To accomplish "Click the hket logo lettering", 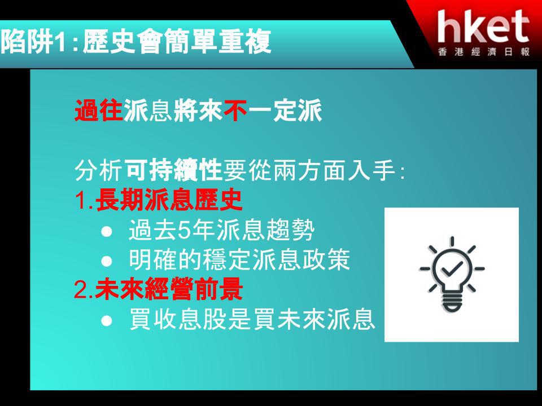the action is (x=483, y=27).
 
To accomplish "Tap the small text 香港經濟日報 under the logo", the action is (x=484, y=52).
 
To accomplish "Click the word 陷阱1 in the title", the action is (x=33, y=42).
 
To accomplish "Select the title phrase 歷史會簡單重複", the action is (x=177, y=42).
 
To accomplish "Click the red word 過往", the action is (x=99, y=110).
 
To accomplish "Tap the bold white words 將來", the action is (x=198, y=110).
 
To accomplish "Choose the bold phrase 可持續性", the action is (x=173, y=170).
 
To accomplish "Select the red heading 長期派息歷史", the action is (x=169, y=200).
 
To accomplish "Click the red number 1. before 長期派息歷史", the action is (x=84, y=200).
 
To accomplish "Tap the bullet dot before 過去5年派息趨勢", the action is (x=107, y=231).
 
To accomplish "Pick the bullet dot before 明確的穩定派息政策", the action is (x=107, y=261).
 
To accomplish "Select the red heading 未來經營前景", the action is (x=169, y=289).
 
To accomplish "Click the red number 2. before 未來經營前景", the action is (x=84, y=290).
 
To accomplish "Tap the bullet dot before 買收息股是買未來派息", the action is (x=107, y=321).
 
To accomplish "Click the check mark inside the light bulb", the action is (x=452, y=268).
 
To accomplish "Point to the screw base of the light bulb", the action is (x=452, y=303).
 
